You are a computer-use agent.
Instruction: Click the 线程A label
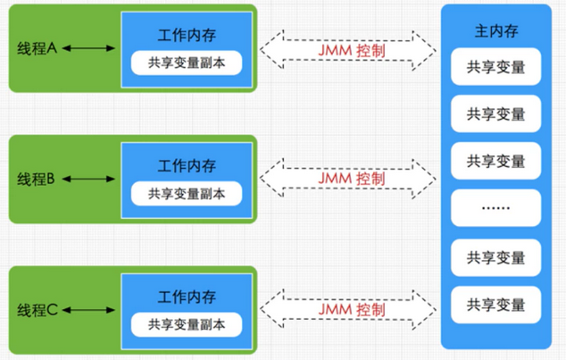pyautogui.click(x=37, y=48)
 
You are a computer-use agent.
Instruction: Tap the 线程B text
pyautogui.click(x=37, y=179)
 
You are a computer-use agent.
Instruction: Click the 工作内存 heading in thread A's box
pyautogui.click(x=187, y=36)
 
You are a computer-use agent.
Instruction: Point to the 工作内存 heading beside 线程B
pyautogui.click(x=187, y=166)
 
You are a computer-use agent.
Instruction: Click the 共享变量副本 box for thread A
pyautogui.click(x=187, y=63)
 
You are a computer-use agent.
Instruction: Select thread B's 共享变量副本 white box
pyautogui.click(x=187, y=194)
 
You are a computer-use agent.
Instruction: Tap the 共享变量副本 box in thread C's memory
pyautogui.click(x=187, y=323)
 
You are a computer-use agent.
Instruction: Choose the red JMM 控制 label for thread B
pyautogui.click(x=351, y=179)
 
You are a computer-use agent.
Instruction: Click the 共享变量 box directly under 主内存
pyautogui.click(x=495, y=67)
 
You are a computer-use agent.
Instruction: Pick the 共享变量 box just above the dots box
pyautogui.click(x=495, y=161)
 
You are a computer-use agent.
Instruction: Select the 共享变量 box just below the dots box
pyautogui.click(x=495, y=257)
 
